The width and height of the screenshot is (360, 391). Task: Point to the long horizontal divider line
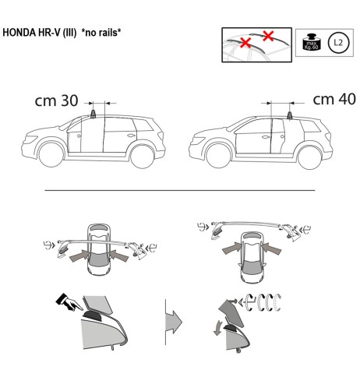pyautogui.click(x=179, y=189)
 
